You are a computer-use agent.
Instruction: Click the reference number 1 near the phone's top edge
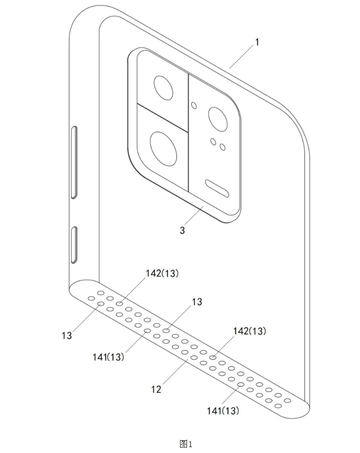click(257, 42)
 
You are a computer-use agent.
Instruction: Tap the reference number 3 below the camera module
click(182, 230)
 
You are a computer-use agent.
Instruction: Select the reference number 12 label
click(156, 390)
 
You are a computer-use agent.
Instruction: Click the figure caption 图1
click(185, 443)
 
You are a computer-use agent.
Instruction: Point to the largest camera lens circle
click(164, 149)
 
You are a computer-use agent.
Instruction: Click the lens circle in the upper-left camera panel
click(163, 87)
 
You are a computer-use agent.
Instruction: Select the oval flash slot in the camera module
click(217, 188)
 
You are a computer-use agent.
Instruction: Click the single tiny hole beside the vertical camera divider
click(194, 105)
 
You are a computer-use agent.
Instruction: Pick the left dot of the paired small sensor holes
click(213, 142)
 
